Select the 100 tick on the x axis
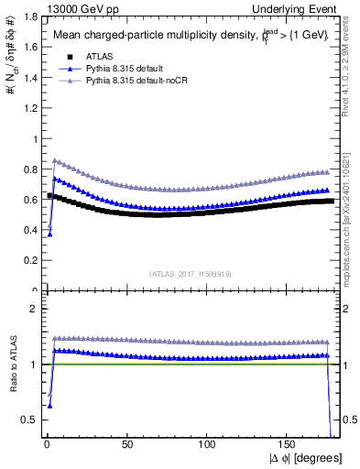click(208, 444)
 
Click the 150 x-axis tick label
click(289, 444)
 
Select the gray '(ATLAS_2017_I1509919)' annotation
click(191, 271)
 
